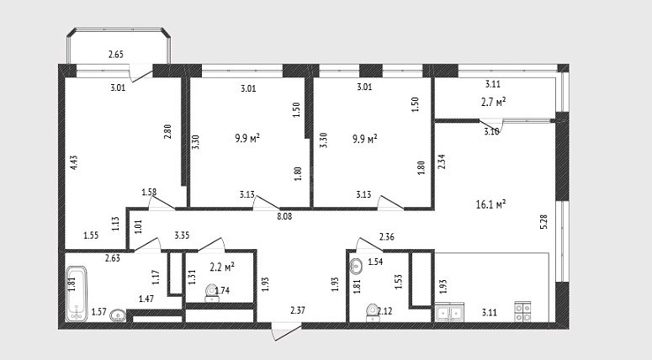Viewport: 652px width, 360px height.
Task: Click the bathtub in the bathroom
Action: (77, 294)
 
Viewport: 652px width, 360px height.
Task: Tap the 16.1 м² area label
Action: (490, 204)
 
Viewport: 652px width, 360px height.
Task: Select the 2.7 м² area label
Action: (493, 102)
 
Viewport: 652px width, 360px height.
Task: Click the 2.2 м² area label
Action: (222, 267)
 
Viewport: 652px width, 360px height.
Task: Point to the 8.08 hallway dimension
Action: (284, 216)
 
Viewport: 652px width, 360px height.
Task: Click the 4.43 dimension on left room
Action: (74, 162)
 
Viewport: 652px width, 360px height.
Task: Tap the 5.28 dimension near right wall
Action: (543, 221)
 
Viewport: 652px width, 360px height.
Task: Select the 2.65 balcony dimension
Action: (116, 54)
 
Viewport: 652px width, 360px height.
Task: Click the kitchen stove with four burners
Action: (522, 311)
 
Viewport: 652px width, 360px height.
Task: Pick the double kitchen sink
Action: (449, 313)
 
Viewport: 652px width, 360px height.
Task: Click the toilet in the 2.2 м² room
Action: (212, 293)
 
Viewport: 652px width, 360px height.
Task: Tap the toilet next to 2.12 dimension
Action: (372, 313)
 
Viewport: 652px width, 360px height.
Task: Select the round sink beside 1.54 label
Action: (356, 266)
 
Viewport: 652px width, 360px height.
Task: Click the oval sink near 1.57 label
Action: (118, 315)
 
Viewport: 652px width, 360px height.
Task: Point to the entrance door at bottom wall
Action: (286, 331)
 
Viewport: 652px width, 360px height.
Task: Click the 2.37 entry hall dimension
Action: (298, 310)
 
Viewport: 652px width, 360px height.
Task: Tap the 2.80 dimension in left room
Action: (167, 131)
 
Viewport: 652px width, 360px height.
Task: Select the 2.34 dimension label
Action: (442, 161)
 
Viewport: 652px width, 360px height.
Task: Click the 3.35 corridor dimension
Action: (182, 236)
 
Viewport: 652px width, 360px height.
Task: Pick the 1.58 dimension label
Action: (149, 192)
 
